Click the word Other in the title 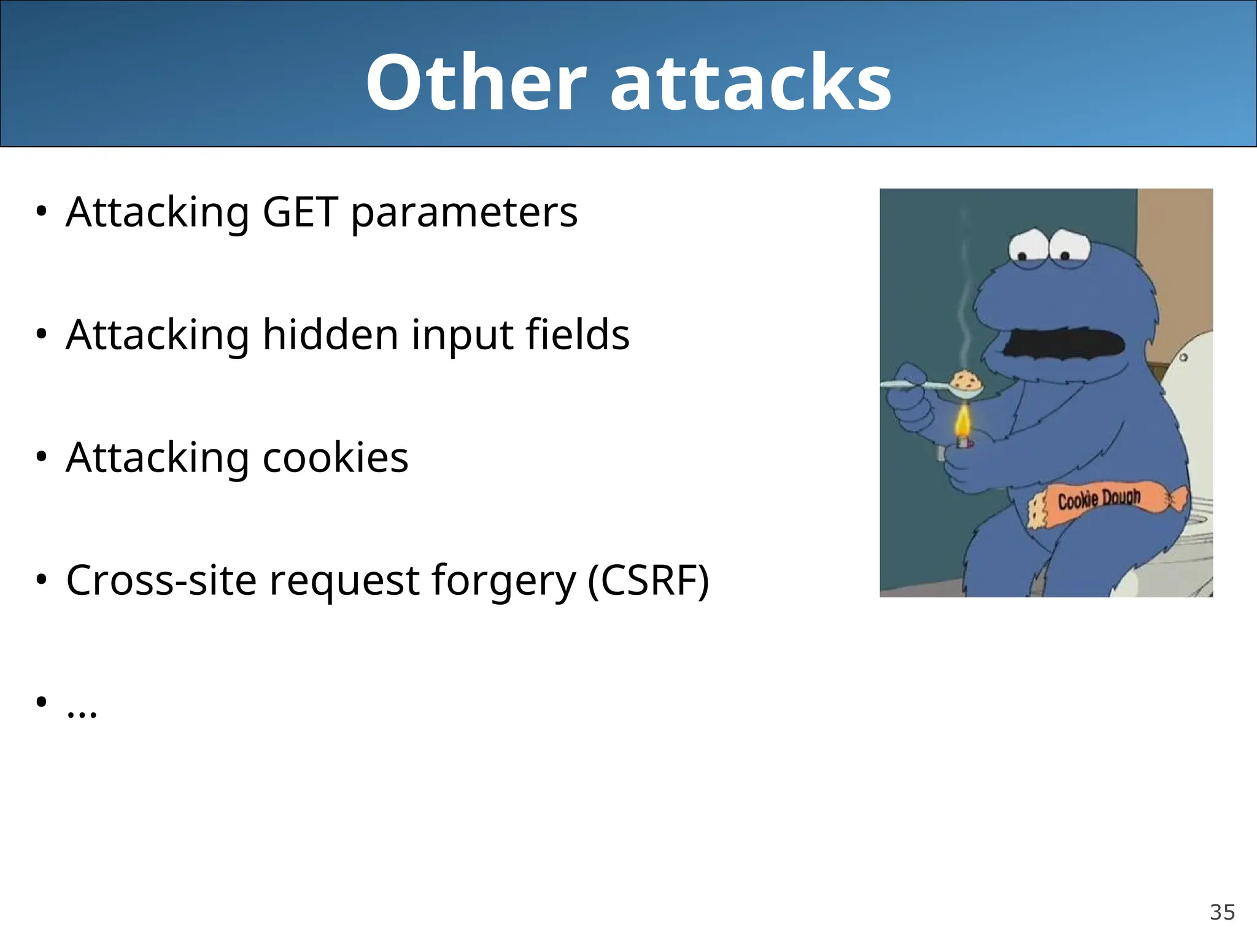tap(476, 83)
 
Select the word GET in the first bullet tap(300, 212)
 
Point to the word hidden tap(330, 335)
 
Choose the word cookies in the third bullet tap(335, 458)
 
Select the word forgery tap(503, 582)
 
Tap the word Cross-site tap(161, 581)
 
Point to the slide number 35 tap(1222, 912)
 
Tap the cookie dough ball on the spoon tap(967, 381)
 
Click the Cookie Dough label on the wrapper tap(1099, 499)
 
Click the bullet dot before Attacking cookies tap(41, 457)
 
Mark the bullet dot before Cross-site tap(41, 580)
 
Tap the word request tap(344, 582)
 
